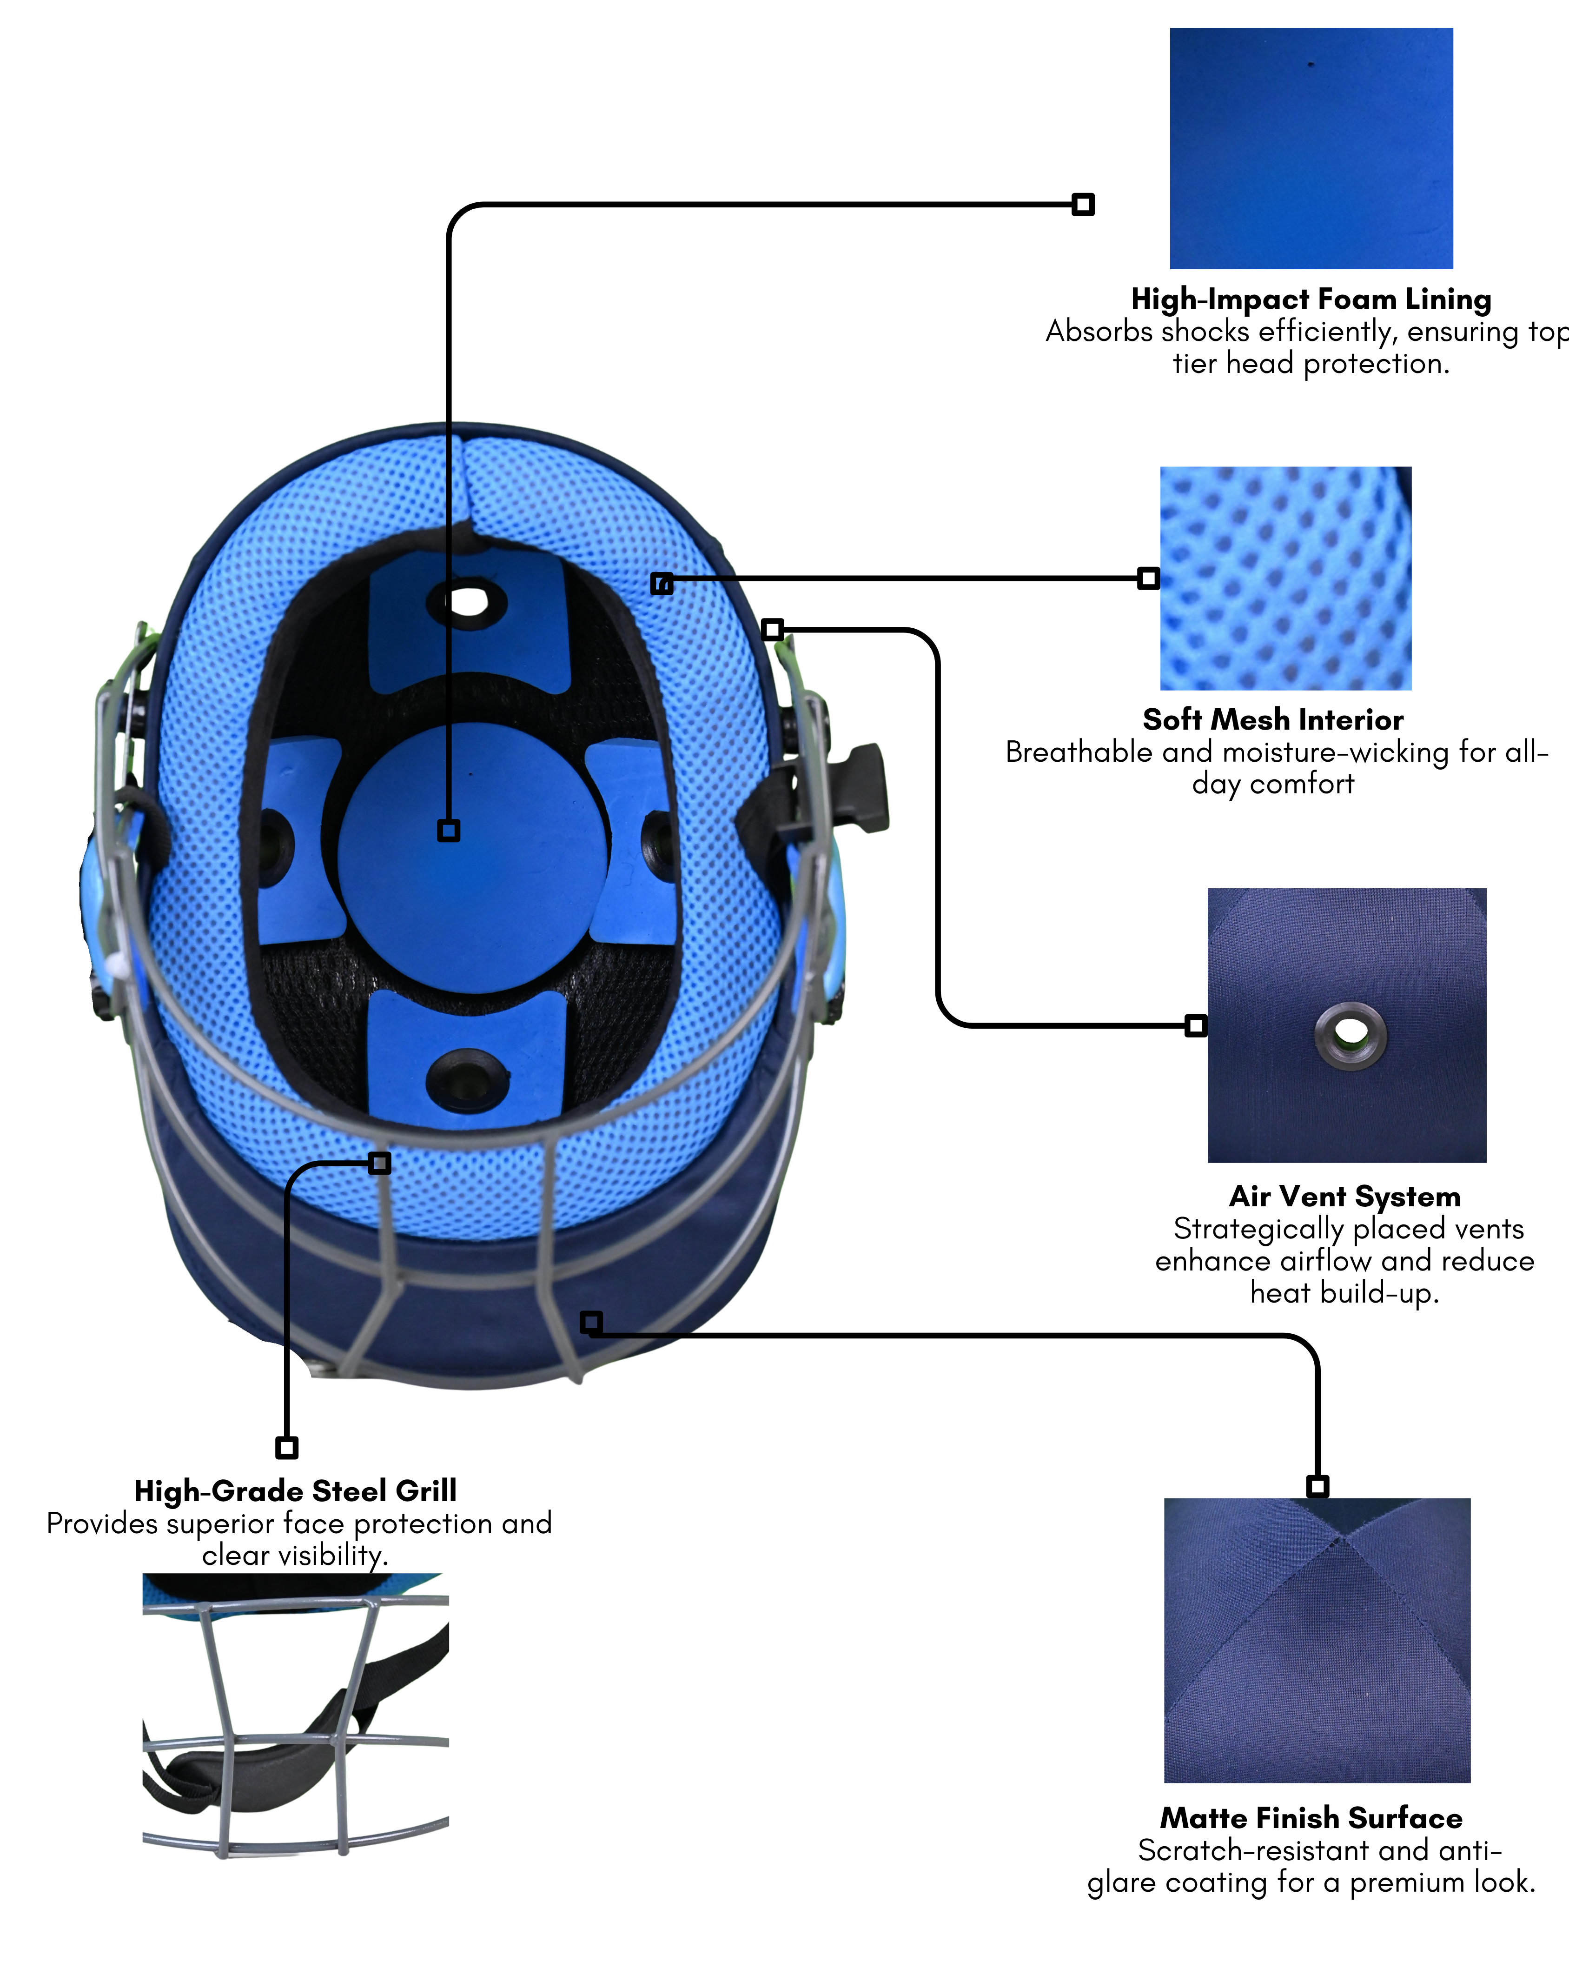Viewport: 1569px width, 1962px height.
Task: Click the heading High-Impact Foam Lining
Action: point(1311,299)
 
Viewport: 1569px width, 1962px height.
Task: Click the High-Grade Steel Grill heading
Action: point(296,1490)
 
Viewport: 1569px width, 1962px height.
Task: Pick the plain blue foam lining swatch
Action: point(1311,148)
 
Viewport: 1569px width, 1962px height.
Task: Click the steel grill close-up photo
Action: point(296,1716)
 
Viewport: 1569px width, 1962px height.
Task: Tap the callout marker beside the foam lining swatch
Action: point(1082,205)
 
